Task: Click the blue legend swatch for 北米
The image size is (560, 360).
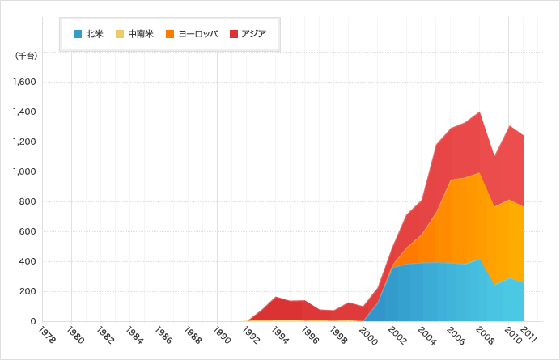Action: (x=78, y=33)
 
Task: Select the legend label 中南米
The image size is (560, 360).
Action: (x=141, y=33)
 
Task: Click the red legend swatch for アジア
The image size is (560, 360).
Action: (x=234, y=33)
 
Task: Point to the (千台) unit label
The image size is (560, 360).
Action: (x=25, y=56)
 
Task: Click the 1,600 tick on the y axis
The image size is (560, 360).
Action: (x=24, y=83)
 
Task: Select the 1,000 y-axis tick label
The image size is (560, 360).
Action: (x=24, y=172)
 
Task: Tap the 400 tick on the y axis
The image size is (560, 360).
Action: (x=28, y=262)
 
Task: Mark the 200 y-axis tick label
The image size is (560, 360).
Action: (x=28, y=292)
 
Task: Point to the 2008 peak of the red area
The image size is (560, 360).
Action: (x=480, y=112)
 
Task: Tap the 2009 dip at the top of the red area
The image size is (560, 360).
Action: (x=494, y=155)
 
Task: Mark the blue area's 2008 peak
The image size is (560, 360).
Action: (x=480, y=260)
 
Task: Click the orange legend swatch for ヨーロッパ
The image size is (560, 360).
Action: (x=170, y=33)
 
